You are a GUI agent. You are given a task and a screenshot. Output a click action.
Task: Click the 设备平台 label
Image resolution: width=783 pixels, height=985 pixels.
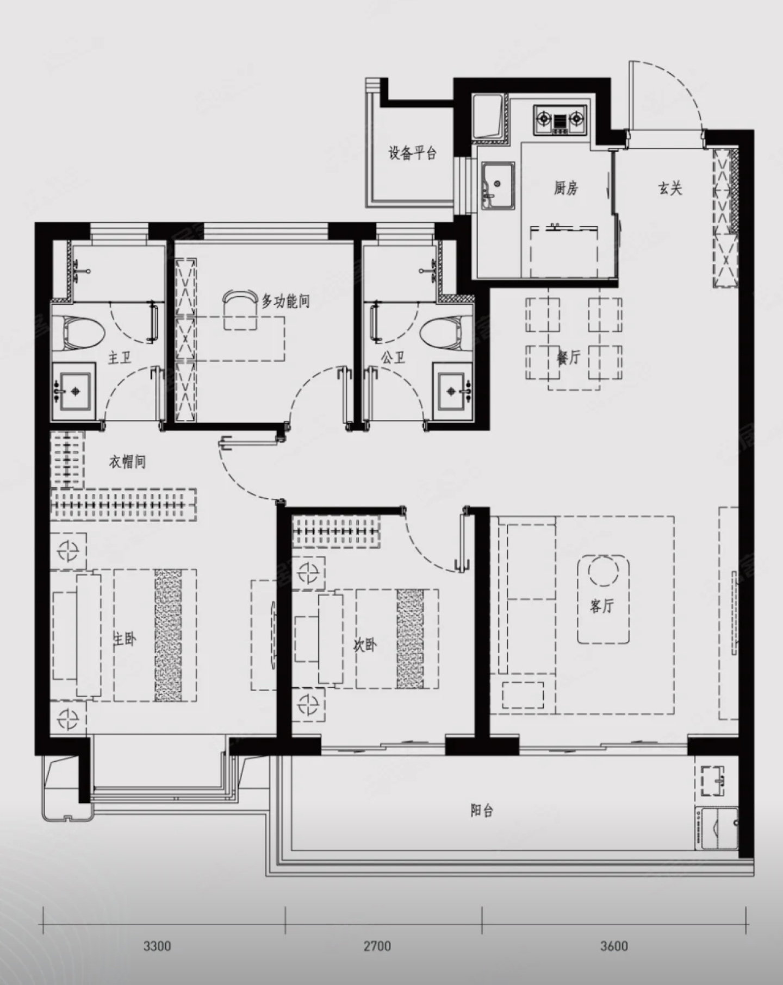click(412, 153)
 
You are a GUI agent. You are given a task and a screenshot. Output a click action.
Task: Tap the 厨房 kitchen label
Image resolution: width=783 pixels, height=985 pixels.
click(566, 189)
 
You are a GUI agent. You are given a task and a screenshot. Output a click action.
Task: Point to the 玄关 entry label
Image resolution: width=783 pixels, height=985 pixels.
click(670, 189)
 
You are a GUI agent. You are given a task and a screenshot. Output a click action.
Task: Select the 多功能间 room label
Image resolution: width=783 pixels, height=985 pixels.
click(285, 300)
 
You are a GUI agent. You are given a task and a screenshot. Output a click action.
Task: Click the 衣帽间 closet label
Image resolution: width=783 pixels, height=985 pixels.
click(127, 462)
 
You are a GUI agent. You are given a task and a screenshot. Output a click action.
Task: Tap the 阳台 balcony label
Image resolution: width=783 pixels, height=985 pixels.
click(482, 811)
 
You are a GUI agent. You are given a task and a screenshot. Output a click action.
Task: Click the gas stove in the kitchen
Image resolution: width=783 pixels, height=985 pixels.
click(561, 120)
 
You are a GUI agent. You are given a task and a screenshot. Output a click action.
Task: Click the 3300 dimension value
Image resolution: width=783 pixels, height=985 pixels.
click(157, 946)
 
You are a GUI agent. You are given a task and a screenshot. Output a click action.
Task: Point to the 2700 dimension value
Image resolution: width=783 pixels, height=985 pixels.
click(377, 946)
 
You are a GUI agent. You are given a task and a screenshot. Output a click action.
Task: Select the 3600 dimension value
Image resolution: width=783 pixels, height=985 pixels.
click(614, 946)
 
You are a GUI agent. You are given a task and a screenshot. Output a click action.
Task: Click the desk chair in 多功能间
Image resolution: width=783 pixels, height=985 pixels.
click(240, 298)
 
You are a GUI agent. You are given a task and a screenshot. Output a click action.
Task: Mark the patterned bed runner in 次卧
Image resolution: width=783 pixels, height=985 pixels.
click(411, 639)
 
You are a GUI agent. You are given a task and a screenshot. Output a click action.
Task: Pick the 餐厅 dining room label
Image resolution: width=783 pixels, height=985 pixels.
click(568, 357)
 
